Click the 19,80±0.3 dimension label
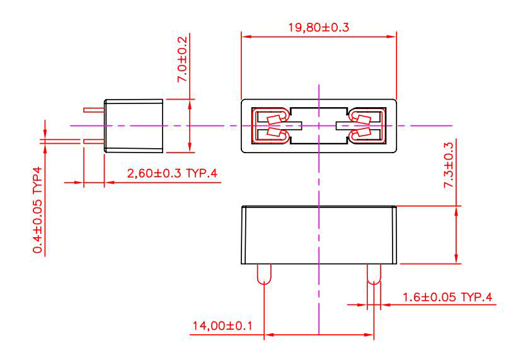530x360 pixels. [318, 27]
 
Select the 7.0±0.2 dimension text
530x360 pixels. [182, 59]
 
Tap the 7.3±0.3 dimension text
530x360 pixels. [448, 165]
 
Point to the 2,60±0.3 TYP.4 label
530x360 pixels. [172, 173]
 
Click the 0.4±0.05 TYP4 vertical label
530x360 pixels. [38, 210]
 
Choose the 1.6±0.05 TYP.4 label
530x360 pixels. [447, 297]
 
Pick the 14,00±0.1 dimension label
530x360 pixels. [222, 326]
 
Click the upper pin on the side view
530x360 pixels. [94, 110]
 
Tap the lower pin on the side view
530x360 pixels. [94, 141]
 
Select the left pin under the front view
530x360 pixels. [264, 274]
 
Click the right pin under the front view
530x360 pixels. [374, 274]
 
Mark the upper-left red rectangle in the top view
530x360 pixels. [274, 119]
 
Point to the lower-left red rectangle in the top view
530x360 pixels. [274, 132]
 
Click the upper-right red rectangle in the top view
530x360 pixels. [364, 119]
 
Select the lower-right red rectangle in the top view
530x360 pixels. [364, 132]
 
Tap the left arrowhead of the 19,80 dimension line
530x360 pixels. [246, 37]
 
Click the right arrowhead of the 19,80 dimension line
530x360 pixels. [391, 37]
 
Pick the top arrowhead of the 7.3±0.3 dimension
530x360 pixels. [456, 211]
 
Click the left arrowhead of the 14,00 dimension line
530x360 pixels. [269, 335]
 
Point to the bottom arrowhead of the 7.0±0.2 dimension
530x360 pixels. [190, 148]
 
